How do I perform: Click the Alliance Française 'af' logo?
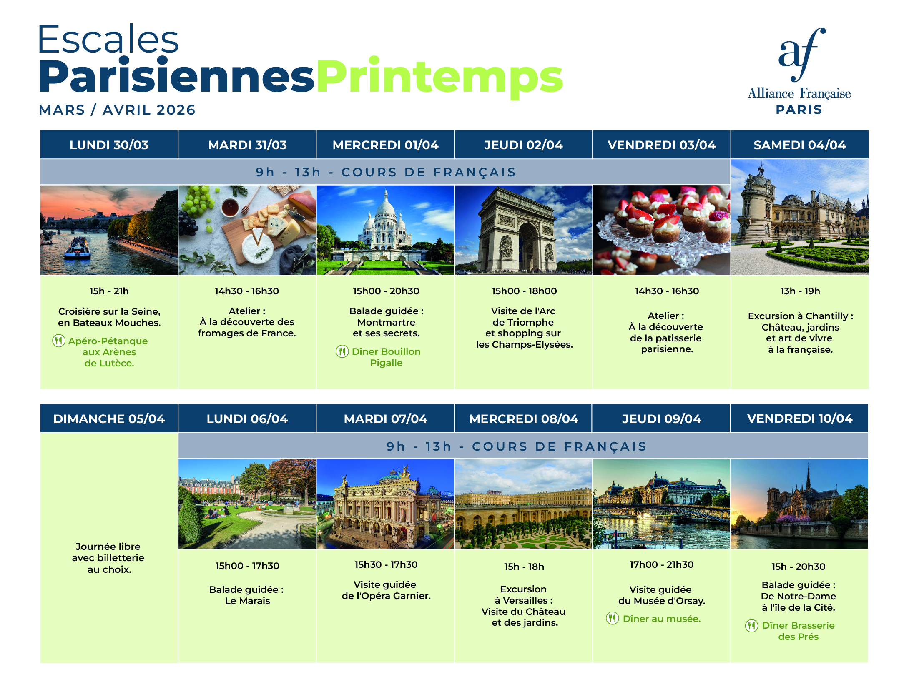(x=801, y=54)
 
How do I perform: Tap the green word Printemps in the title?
(x=440, y=78)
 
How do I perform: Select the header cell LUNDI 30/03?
(x=109, y=145)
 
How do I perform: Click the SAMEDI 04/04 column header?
(x=799, y=145)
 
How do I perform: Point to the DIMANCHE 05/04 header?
(x=109, y=418)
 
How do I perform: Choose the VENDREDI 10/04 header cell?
(x=799, y=418)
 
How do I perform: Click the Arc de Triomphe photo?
(x=523, y=230)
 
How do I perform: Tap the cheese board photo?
(x=247, y=230)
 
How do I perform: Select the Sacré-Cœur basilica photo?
(x=385, y=230)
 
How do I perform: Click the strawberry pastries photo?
(x=662, y=230)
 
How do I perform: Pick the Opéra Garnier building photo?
(x=385, y=504)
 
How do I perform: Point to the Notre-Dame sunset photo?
(x=799, y=504)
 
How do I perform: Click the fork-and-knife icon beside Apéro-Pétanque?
(x=59, y=341)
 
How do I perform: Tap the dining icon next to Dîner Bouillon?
(x=342, y=351)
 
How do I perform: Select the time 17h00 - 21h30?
(x=662, y=564)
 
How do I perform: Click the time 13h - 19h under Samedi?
(x=800, y=291)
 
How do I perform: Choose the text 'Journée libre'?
(x=108, y=547)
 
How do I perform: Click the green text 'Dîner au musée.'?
(x=662, y=619)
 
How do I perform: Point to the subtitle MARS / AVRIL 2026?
(x=117, y=110)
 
